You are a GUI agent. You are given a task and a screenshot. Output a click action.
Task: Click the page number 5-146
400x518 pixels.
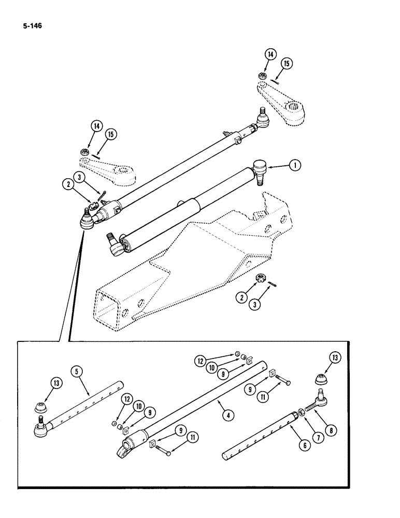pyautogui.click(x=31, y=23)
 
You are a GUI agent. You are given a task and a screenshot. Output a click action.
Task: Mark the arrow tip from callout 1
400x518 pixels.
pyautogui.click(x=270, y=166)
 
